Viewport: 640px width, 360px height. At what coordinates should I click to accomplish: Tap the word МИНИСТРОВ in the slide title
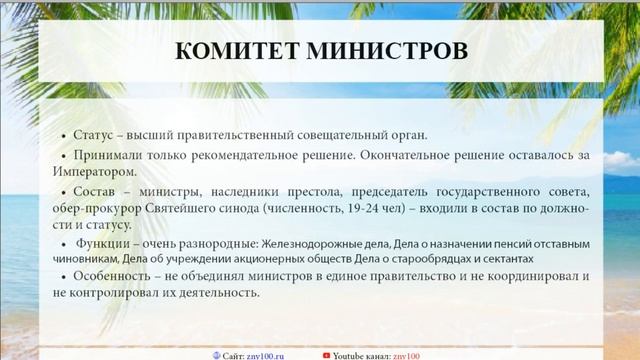(x=385, y=50)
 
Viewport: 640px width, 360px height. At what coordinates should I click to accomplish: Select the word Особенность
(x=114, y=277)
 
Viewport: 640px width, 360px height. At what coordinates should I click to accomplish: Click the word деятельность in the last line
(x=217, y=293)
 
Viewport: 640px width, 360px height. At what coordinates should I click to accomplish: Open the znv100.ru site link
(x=264, y=354)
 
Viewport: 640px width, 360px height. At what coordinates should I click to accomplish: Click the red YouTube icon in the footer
(x=326, y=354)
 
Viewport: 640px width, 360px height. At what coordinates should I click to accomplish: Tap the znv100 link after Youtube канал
(x=407, y=354)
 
